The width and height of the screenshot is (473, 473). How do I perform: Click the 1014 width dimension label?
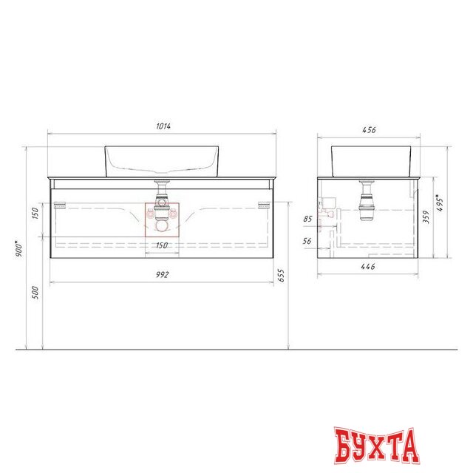click(163, 126)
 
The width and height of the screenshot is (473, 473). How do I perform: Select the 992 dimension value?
click(163, 275)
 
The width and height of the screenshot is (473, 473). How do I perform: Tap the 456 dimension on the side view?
click(370, 130)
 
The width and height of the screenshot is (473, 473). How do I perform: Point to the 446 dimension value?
click(367, 267)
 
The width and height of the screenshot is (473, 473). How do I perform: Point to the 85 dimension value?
click(307, 219)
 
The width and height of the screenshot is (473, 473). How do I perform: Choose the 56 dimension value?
click(307, 241)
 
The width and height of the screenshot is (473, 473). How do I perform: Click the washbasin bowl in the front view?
click(162, 160)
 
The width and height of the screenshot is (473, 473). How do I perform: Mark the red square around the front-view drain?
click(161, 219)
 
